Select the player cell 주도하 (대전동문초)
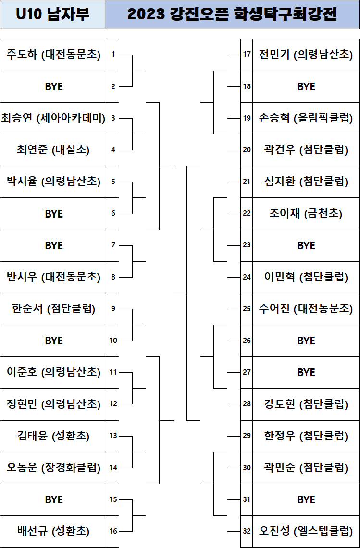coord(53,55)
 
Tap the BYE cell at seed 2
coord(53,86)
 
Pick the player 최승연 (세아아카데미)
coord(53,118)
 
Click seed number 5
coord(113,182)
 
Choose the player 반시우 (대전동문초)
coord(53,277)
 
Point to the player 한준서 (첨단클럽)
coord(53,309)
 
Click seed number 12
coord(113,404)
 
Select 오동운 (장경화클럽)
coord(53,467)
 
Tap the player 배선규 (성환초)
coord(53,531)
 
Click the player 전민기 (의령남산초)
coord(306,55)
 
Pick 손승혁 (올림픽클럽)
coord(306,118)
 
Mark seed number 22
coord(247,213)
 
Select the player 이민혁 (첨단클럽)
coord(306,277)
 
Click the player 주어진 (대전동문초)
coord(306,309)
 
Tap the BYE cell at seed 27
coord(306,372)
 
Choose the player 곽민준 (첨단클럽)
coord(306,467)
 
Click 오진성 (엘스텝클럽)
coord(306,531)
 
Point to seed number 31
coord(247,499)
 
